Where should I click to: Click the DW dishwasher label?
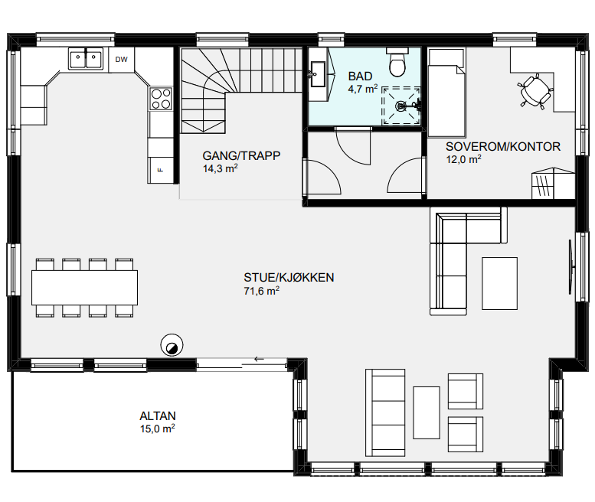[x=122, y=60]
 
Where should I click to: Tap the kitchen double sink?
[x=86, y=59]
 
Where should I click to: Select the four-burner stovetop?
[x=161, y=99]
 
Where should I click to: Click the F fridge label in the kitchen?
[x=160, y=170]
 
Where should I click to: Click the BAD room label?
[x=360, y=77]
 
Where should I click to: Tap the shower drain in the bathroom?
[x=400, y=106]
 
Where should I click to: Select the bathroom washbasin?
[x=318, y=74]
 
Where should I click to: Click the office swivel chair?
[x=535, y=91]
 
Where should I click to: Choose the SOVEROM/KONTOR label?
[x=503, y=147]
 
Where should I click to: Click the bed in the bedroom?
[x=446, y=93]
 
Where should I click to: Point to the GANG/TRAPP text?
[x=241, y=156]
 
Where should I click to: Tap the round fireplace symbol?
[x=172, y=345]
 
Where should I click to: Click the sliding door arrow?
[x=259, y=359]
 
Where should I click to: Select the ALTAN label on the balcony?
[x=158, y=416]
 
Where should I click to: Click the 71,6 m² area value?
[x=261, y=291]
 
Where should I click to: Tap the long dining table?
[x=85, y=288]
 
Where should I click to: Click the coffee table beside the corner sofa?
[x=499, y=283]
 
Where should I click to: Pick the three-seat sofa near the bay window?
[x=385, y=412]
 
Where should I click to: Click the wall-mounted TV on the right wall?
[x=570, y=267]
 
